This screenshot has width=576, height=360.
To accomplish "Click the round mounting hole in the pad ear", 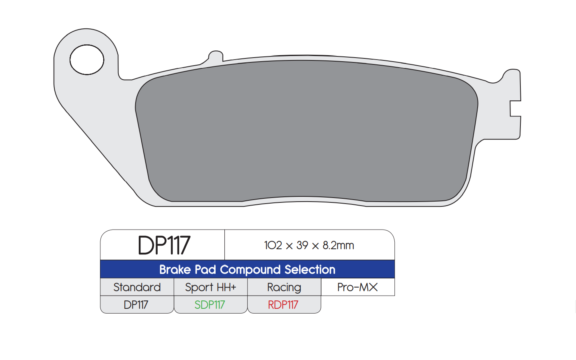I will (87, 60).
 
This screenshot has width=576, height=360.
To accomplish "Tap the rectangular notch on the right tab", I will (515, 108).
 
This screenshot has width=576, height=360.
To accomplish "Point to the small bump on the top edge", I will (216, 56).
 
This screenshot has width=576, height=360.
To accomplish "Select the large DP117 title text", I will (164, 245).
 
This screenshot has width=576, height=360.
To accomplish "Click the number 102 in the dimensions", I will (273, 245).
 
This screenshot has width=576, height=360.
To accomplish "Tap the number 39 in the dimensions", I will (302, 245).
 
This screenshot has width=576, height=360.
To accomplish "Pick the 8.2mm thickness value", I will (338, 245).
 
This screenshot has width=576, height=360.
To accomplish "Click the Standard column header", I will (137, 287).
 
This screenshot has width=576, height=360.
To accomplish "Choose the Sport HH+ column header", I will (210, 287).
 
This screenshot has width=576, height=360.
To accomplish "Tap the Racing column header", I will (284, 287).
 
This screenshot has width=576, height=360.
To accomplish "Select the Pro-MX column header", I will (358, 287).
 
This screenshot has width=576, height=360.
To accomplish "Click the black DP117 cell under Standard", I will (136, 305).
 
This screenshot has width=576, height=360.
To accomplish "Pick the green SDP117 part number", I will (210, 305).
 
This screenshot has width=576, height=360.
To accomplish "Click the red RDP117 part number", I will (283, 305).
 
